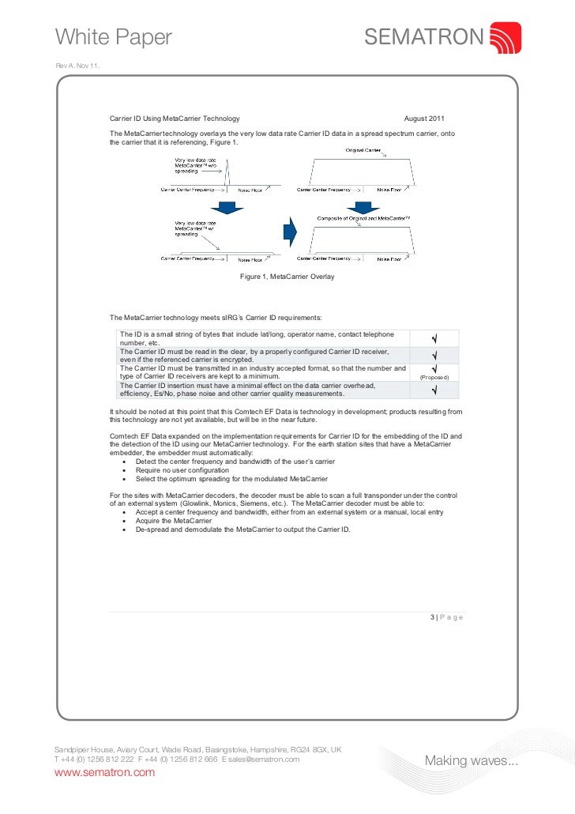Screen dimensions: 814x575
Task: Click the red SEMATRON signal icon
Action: (x=505, y=37)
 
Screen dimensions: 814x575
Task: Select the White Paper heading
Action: (x=113, y=36)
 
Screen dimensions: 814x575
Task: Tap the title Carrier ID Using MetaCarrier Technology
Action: (x=174, y=118)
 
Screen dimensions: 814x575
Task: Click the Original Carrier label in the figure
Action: (x=363, y=149)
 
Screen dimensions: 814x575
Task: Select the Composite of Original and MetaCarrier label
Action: (x=364, y=218)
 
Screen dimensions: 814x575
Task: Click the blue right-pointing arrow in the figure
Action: (x=289, y=232)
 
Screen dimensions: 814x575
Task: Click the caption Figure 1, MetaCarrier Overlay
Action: (x=287, y=277)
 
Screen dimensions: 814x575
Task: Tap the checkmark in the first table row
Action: (x=434, y=339)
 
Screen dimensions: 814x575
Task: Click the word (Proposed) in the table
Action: (x=434, y=377)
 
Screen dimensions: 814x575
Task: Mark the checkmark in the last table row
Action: (x=434, y=390)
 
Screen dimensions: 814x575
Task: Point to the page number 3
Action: (x=433, y=617)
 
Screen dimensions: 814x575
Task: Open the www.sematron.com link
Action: (x=103, y=772)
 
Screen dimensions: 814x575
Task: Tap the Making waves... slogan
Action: (x=472, y=761)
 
